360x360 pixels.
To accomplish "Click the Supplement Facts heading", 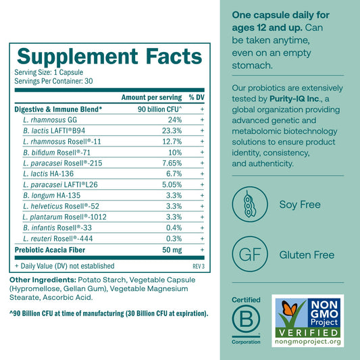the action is tap(109, 57).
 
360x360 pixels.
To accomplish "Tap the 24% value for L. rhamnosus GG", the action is tap(175, 120).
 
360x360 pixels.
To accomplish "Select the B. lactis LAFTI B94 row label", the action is tap(54, 130).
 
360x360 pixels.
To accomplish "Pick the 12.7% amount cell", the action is tap(172, 141).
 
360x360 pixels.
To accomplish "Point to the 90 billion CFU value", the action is tap(160, 109).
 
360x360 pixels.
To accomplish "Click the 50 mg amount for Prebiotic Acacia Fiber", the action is tap(172, 250).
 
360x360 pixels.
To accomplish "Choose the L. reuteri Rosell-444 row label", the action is tap(58, 238).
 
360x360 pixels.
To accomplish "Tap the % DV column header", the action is tap(197, 97).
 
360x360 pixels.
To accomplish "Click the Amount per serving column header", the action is tap(151, 97).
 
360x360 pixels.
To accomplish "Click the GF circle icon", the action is tap(250, 254).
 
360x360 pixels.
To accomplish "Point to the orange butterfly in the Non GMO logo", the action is tap(289, 307).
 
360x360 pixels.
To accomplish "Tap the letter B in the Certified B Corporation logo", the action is tap(246, 319).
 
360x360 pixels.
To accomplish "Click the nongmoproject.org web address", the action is tap(307, 342).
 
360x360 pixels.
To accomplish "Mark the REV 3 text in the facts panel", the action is tap(199, 266).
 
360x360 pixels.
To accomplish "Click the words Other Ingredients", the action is tap(43, 280).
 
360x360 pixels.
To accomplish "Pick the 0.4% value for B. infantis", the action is tap(174, 228).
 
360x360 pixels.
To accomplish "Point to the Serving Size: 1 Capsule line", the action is tap(49, 72).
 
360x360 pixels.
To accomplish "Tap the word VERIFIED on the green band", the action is tap(308, 333).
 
